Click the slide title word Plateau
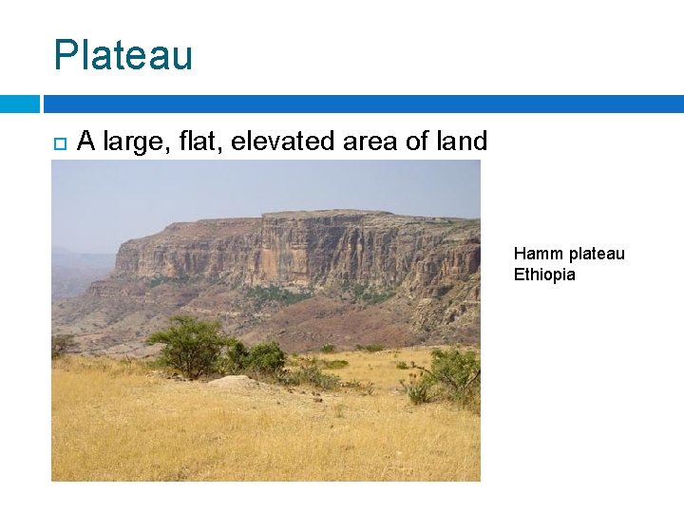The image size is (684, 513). click(x=123, y=55)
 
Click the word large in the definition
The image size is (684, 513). click(x=127, y=142)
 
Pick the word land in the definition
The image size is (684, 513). click(x=461, y=142)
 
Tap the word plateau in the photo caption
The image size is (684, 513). click(x=597, y=254)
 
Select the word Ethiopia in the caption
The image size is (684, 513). click(x=544, y=275)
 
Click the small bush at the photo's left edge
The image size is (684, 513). click(x=62, y=344)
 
